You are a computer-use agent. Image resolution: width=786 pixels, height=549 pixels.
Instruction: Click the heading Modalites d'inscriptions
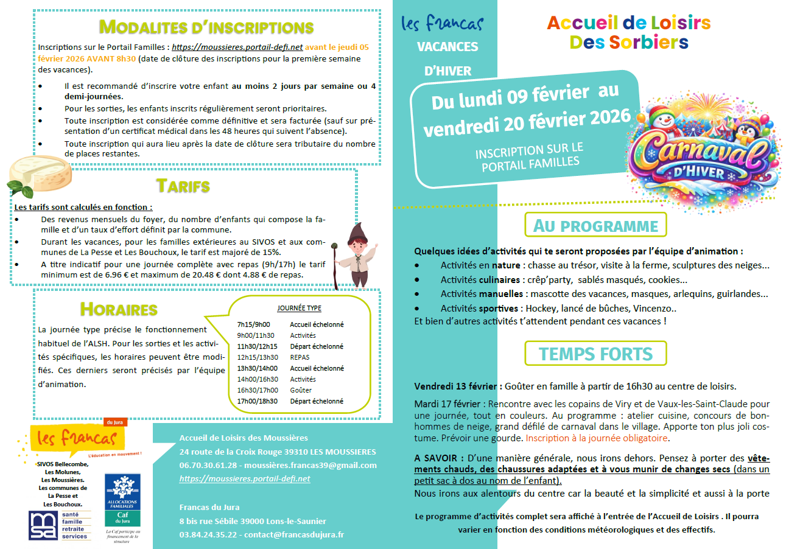coord(206,27)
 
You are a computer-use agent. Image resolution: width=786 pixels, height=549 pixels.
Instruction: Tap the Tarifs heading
coord(183,186)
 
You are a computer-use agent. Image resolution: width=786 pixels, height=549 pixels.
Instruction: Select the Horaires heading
coord(119,309)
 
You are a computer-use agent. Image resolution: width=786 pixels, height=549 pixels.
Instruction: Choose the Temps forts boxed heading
coord(595,354)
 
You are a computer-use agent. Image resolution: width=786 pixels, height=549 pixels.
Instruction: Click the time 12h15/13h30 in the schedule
coord(257,357)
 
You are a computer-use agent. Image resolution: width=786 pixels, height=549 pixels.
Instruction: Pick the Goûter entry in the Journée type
coord(301,390)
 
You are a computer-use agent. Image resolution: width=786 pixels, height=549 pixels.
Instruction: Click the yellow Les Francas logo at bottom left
coord(76,438)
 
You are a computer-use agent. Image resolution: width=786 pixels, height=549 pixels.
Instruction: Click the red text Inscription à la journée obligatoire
coord(597,438)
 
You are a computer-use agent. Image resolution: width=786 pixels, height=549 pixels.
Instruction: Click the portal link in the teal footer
coord(245,478)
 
